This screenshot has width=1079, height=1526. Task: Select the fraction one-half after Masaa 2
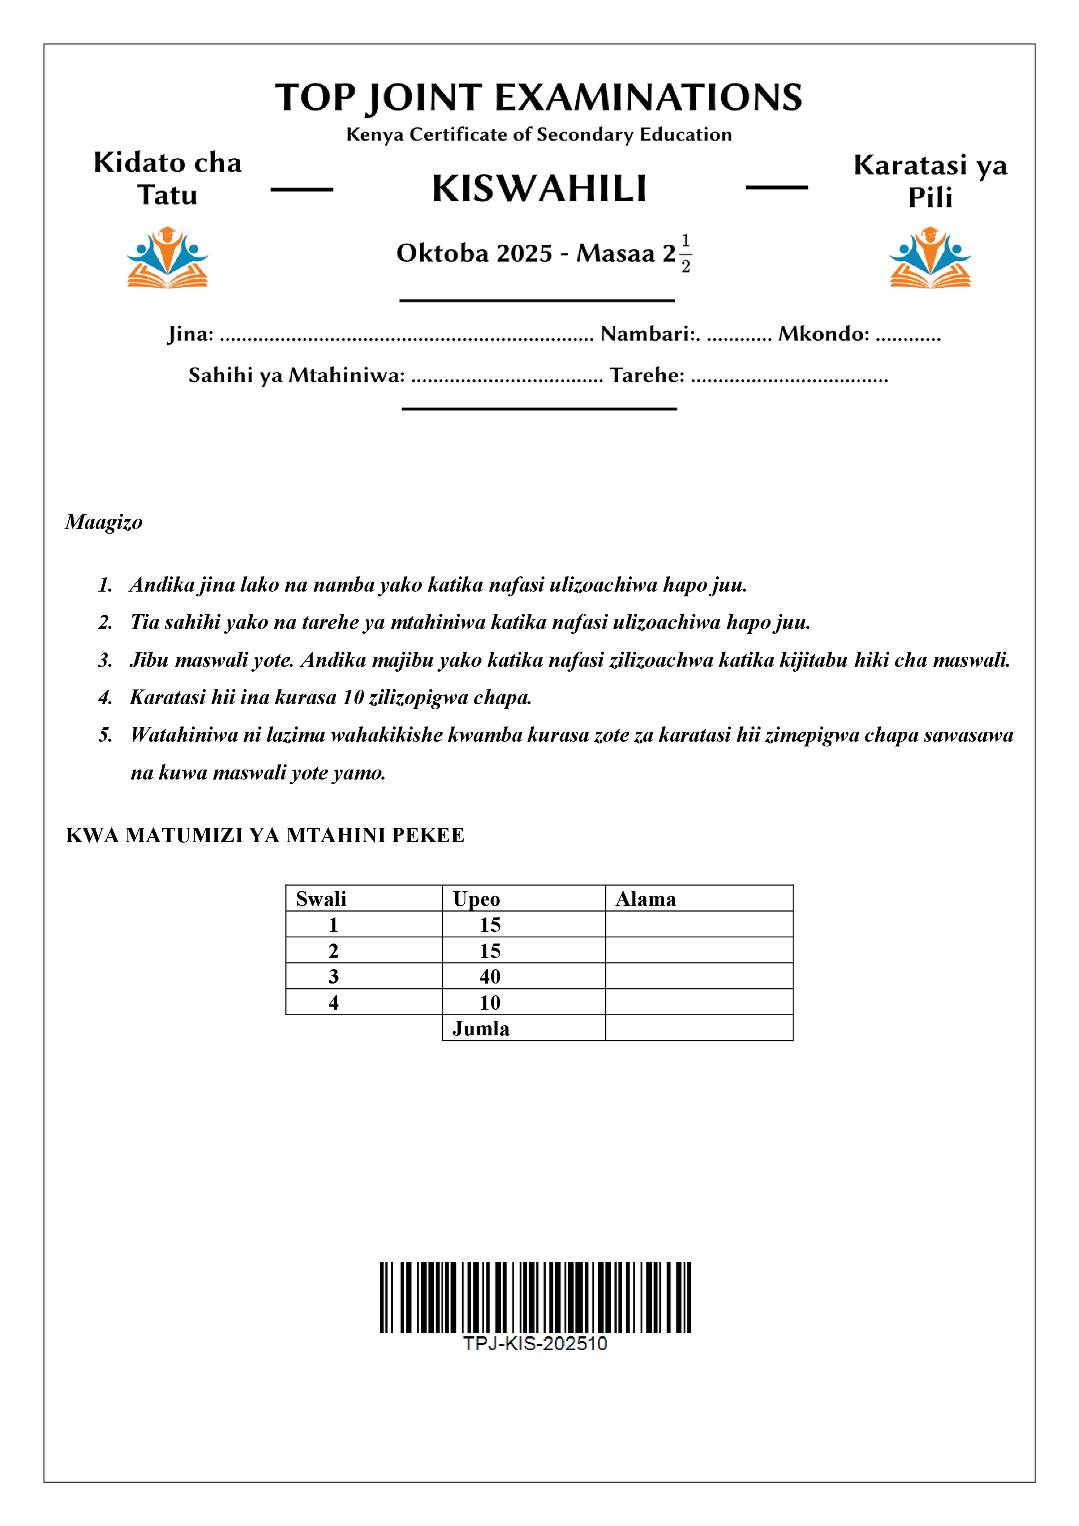pos(685,253)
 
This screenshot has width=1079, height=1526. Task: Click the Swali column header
pos(321,899)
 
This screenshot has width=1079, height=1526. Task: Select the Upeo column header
pos(476,899)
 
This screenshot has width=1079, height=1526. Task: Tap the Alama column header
pos(646,899)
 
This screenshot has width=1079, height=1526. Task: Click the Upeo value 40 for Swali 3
pos(490,976)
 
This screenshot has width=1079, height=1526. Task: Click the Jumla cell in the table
pos(481,1028)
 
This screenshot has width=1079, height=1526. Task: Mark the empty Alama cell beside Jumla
pos(699,1028)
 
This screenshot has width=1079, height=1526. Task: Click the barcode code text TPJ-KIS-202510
pos(535,1344)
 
